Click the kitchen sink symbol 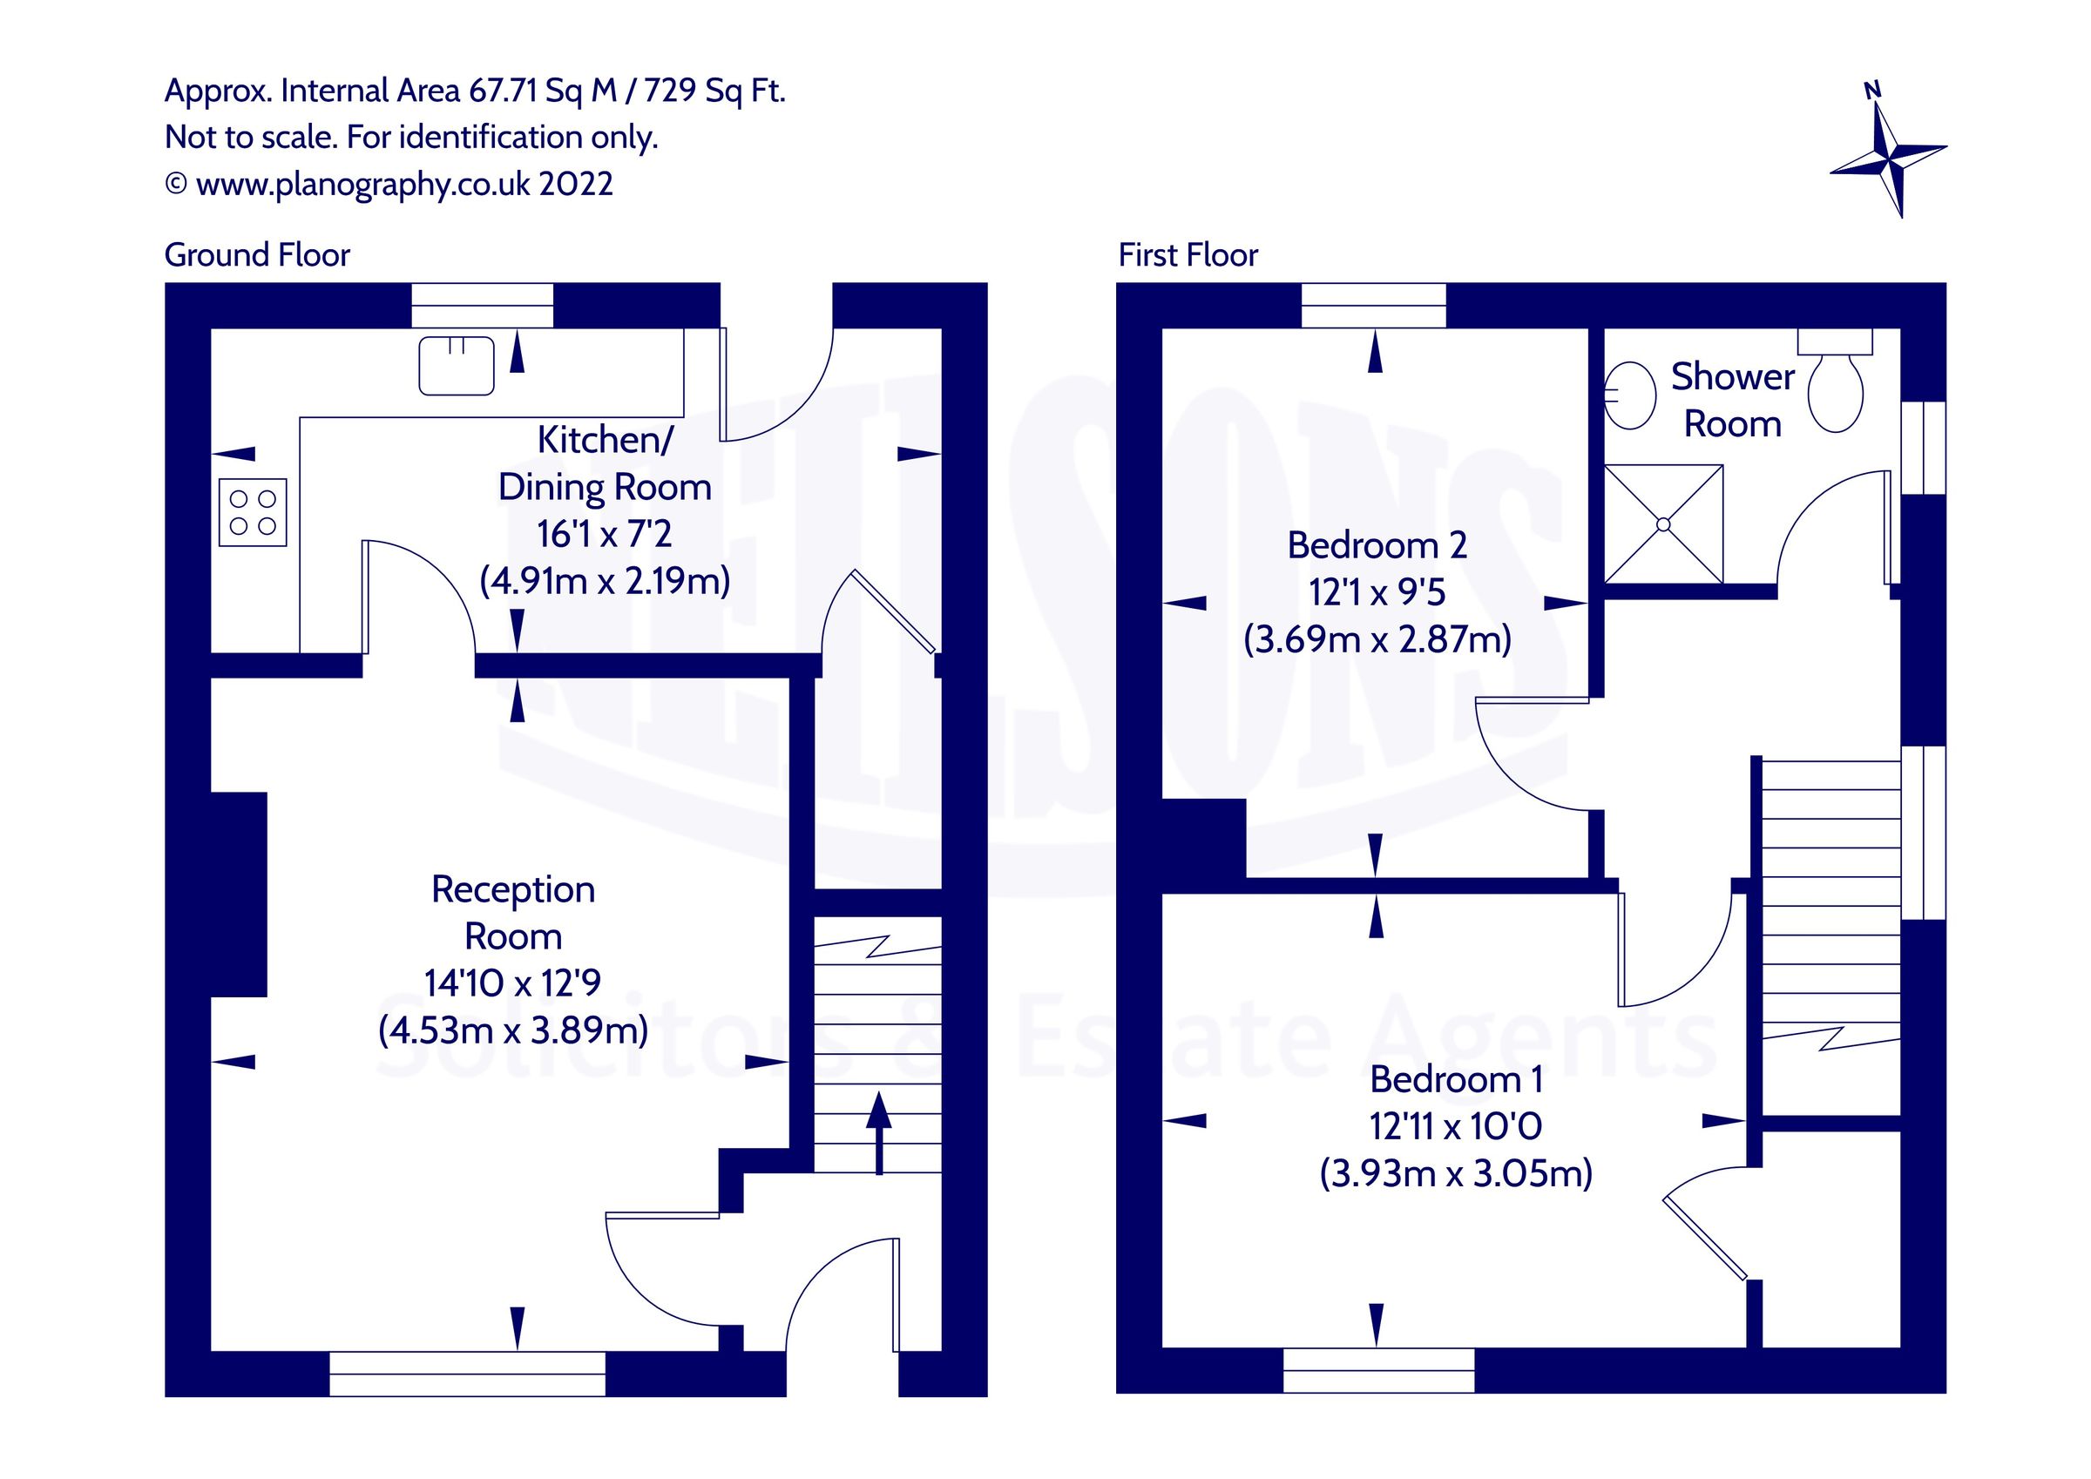457,366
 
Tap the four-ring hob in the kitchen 254,513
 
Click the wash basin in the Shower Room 1629,395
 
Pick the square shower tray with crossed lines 1663,524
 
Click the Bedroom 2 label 1377,545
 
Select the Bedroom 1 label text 1455,1080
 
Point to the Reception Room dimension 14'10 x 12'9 513,983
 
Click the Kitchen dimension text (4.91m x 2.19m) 605,581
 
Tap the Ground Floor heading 257,255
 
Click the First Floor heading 1188,255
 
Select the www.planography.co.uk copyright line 389,184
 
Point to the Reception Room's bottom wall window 467,1374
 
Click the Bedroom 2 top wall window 1373,305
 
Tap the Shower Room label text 1732,401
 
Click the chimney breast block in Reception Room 239,895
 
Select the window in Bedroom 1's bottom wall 1378,1371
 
